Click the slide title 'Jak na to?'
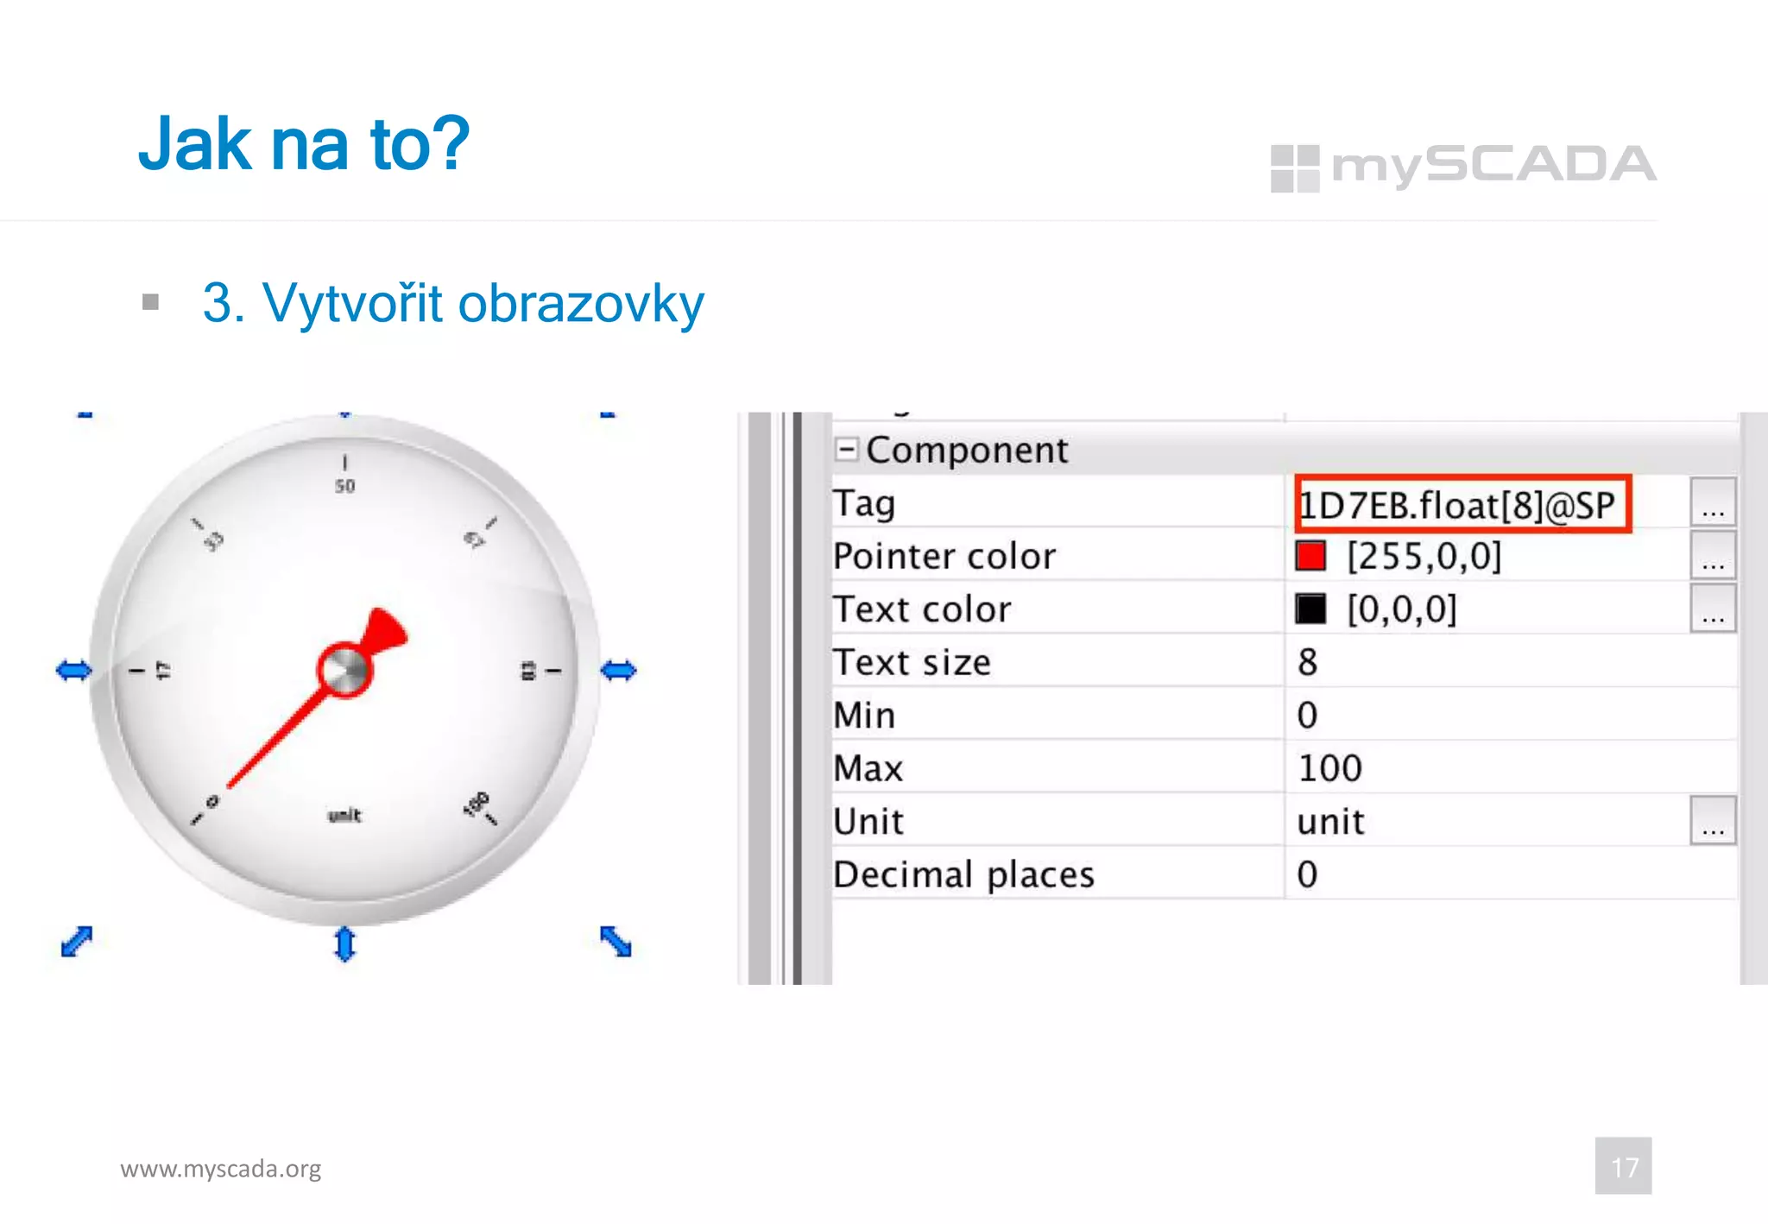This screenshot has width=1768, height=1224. click(x=304, y=143)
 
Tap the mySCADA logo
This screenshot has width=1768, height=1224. click(x=1463, y=167)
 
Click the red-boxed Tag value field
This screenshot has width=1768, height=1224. click(x=1462, y=505)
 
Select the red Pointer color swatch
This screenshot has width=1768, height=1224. click(x=1310, y=556)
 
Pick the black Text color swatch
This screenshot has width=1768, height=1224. click(x=1310, y=609)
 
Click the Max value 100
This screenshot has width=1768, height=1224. click(x=1330, y=768)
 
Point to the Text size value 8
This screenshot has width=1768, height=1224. click(x=1308, y=662)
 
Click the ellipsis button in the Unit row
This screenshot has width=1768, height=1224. click(x=1713, y=821)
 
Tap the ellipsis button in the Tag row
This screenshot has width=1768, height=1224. click(x=1713, y=503)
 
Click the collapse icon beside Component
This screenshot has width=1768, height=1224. click(x=847, y=449)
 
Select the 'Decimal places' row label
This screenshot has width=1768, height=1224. click(x=963, y=874)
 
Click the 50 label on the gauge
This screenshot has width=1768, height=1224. click(x=345, y=486)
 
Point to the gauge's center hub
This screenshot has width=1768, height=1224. click(x=345, y=670)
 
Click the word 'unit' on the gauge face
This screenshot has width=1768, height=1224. click(x=344, y=815)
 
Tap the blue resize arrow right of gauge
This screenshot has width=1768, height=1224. click(x=618, y=670)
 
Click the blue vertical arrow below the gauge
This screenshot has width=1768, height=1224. click(x=344, y=943)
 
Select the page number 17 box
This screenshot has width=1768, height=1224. click(x=1623, y=1166)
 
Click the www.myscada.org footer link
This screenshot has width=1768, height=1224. click(x=221, y=1169)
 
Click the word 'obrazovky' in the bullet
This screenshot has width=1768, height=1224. click(x=580, y=304)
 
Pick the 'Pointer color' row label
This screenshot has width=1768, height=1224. click(x=944, y=556)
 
